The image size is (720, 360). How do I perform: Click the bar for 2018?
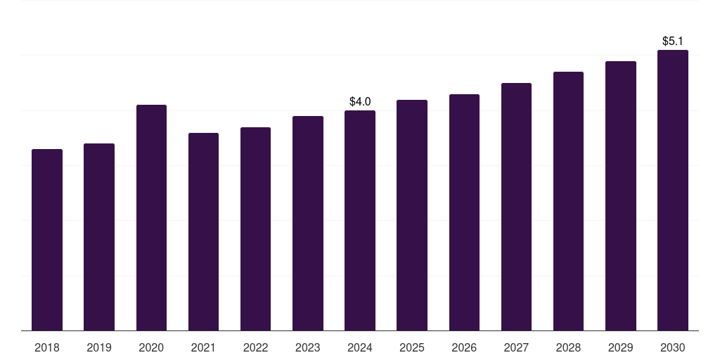click(x=47, y=239)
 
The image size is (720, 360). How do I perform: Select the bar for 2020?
click(x=151, y=217)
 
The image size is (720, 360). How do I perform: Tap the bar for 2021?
click(x=203, y=231)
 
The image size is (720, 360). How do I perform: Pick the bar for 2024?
click(x=360, y=220)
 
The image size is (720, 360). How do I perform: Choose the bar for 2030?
click(x=672, y=190)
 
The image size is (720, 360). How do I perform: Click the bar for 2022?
click(x=255, y=229)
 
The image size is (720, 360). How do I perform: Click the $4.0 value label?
click(x=360, y=102)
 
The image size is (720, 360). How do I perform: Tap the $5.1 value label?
click(x=673, y=41)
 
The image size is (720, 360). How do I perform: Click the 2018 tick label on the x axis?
click(x=47, y=347)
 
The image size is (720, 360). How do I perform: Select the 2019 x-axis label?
click(x=99, y=347)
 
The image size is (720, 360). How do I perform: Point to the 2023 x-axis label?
click(x=307, y=347)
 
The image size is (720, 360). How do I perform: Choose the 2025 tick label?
click(x=412, y=347)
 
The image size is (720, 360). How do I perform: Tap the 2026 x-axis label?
click(x=464, y=347)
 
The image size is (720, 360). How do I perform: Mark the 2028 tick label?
click(x=568, y=347)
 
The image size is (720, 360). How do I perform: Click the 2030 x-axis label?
click(x=672, y=347)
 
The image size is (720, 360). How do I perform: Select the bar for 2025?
click(x=412, y=214)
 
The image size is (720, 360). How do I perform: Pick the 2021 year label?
click(x=203, y=347)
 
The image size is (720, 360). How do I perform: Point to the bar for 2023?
click(x=307, y=223)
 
